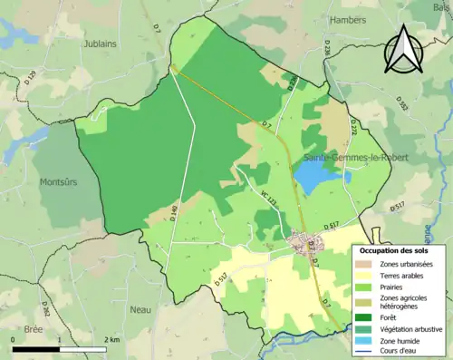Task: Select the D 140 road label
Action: [173, 214]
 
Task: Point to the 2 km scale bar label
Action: [113, 340]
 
